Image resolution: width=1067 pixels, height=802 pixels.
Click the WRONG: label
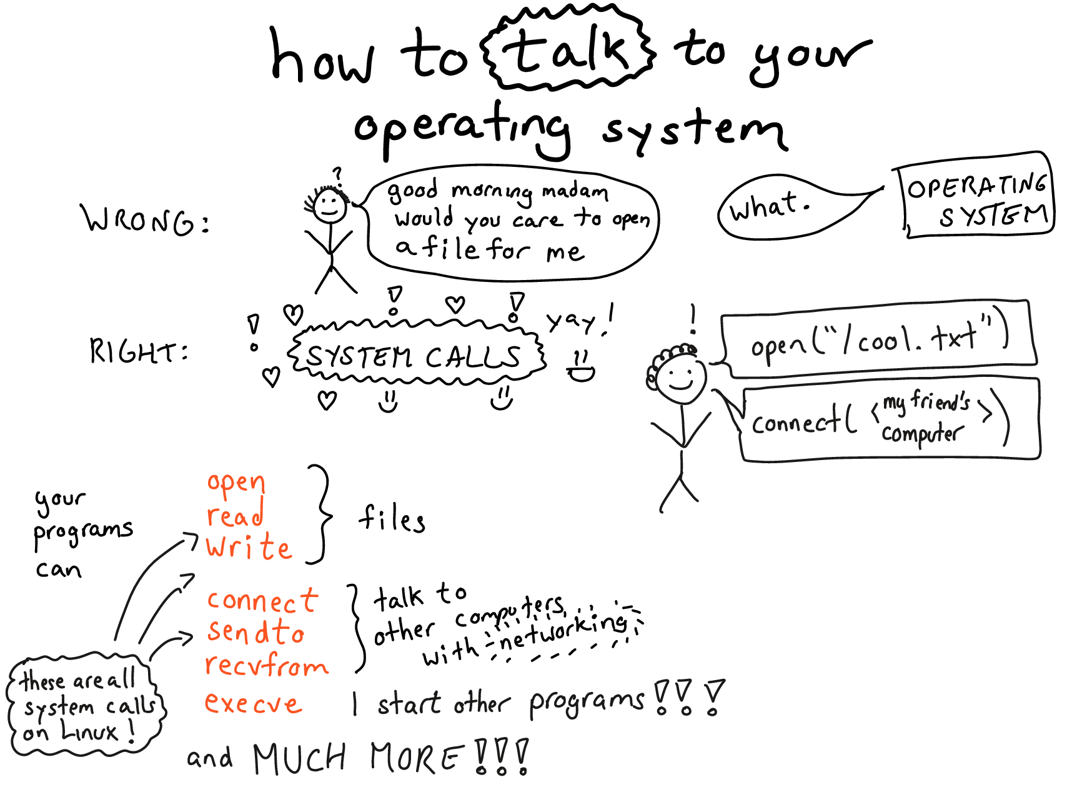[145, 221]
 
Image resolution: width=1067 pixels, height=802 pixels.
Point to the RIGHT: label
[139, 351]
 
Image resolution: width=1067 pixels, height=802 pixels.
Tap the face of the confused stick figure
[329, 206]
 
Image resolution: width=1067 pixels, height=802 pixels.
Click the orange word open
[236, 483]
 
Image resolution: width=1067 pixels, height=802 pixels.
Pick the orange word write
[249, 548]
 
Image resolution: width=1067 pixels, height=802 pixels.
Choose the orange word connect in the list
[262, 601]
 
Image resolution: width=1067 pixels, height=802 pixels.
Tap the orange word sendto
[256, 632]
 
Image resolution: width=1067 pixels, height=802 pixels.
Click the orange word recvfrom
[267, 665]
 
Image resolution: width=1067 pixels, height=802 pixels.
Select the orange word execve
[254, 704]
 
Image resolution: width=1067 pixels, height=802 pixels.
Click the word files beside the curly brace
[392, 519]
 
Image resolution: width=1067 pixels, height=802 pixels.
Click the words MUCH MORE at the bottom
[359, 759]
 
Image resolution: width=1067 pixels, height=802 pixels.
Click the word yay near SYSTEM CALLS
[572, 321]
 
